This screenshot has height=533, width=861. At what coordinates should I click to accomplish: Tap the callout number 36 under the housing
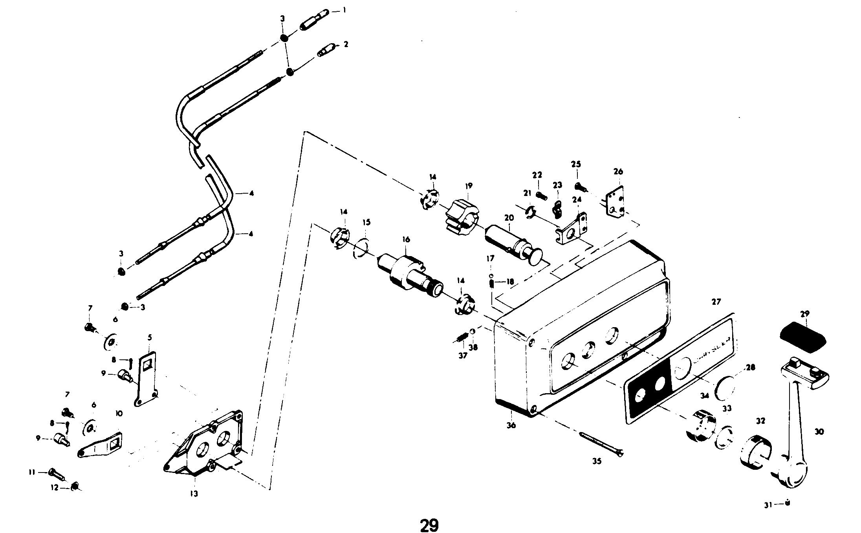click(x=511, y=425)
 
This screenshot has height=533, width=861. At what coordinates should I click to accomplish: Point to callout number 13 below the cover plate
click(x=194, y=494)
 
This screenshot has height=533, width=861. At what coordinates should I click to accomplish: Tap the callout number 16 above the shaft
click(x=406, y=239)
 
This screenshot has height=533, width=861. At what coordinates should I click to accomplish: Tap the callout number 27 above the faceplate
click(x=716, y=302)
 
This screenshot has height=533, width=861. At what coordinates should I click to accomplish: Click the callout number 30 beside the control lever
click(x=819, y=432)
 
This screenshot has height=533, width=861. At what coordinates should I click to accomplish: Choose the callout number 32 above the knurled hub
click(x=760, y=421)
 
